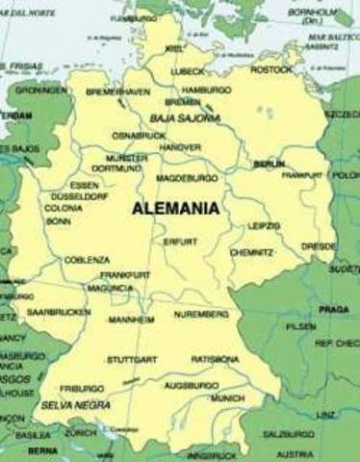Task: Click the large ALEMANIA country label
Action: (176, 207)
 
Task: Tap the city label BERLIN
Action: (270, 165)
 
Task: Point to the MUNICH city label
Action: (227, 398)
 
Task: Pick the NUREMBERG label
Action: (201, 315)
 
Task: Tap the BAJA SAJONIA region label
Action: (186, 117)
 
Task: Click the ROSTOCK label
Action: (270, 69)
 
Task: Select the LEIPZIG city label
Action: (263, 225)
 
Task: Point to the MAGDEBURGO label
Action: (189, 178)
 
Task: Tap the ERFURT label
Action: (180, 242)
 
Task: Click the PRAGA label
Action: (334, 309)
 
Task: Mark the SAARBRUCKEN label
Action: (58, 312)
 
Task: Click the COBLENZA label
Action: (87, 260)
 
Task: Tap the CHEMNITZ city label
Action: (251, 252)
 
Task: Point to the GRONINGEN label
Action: (41, 90)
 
